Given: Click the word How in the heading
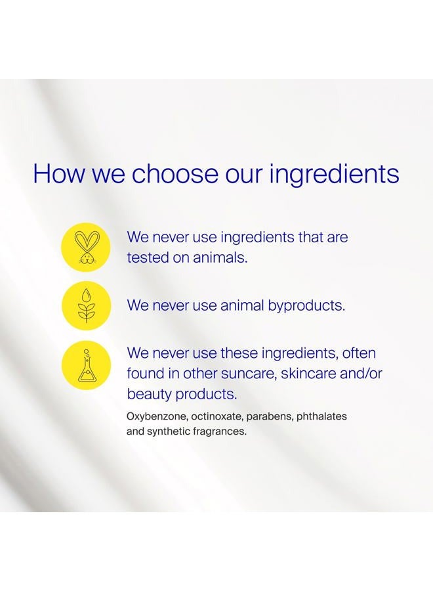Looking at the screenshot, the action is (x=59, y=174).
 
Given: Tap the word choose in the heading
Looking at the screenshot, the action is (x=175, y=174).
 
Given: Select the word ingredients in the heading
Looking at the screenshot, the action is (x=334, y=175).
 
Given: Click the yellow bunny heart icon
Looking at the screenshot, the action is (x=86, y=247).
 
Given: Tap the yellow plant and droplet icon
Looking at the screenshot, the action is (x=86, y=305).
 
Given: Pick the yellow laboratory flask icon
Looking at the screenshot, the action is (x=86, y=365).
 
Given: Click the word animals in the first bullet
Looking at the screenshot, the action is (x=220, y=258).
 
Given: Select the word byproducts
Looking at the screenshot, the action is (x=306, y=306).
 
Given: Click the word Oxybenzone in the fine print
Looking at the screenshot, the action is (x=157, y=417).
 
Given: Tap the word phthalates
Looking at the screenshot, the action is (x=321, y=416).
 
